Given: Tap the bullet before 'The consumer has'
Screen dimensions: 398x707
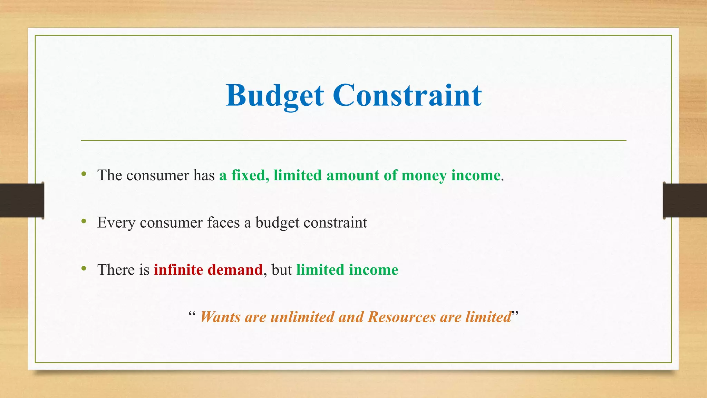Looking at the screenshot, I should tap(84, 174).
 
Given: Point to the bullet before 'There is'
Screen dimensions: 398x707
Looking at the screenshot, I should tap(84, 268).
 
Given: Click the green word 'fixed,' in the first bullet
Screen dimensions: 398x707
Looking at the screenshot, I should tap(250, 175).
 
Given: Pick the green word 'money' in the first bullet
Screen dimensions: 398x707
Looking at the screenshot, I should tap(424, 176).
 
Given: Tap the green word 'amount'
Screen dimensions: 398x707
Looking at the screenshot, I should tap(353, 176).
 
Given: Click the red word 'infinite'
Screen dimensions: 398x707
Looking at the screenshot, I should tap(178, 270).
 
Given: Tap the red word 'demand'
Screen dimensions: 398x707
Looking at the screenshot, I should tap(235, 270).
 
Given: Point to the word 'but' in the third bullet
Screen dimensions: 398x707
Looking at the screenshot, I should tap(282, 270).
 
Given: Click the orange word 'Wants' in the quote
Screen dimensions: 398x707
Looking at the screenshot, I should tap(220, 317).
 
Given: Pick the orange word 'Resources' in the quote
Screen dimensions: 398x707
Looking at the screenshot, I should tap(401, 317).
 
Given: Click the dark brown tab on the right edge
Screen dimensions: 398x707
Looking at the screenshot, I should tap(685, 200).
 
